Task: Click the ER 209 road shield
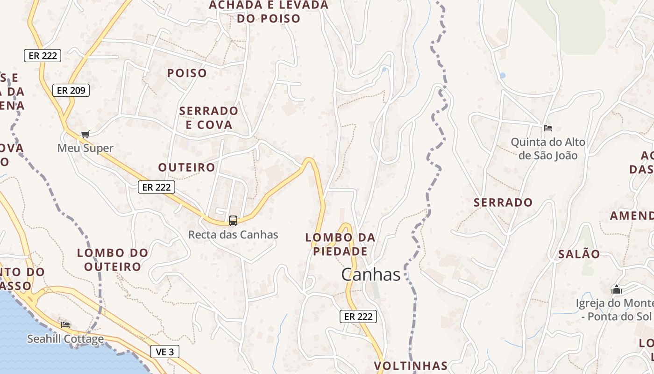[x=71, y=90]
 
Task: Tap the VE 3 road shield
[x=165, y=352]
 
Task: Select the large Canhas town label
[x=371, y=274]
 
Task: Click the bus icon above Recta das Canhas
[x=233, y=220]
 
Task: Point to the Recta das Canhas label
[x=233, y=235]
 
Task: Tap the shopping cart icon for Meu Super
[x=85, y=135]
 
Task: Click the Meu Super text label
[x=85, y=148]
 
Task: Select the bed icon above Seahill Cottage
[x=65, y=324]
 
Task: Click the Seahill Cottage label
[x=65, y=339]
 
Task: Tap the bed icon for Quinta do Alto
[x=548, y=128]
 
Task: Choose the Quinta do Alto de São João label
[x=548, y=148]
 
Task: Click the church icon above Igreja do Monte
[x=617, y=289]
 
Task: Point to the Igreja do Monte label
[x=614, y=309]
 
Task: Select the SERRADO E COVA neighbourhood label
[x=209, y=118]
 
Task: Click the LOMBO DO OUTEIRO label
[x=113, y=259]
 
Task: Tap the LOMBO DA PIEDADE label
[x=340, y=244]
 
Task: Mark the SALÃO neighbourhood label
[x=579, y=254]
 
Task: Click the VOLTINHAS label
[x=411, y=365]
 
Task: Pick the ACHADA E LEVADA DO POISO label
[x=269, y=12]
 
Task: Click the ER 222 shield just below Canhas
[x=358, y=316]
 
